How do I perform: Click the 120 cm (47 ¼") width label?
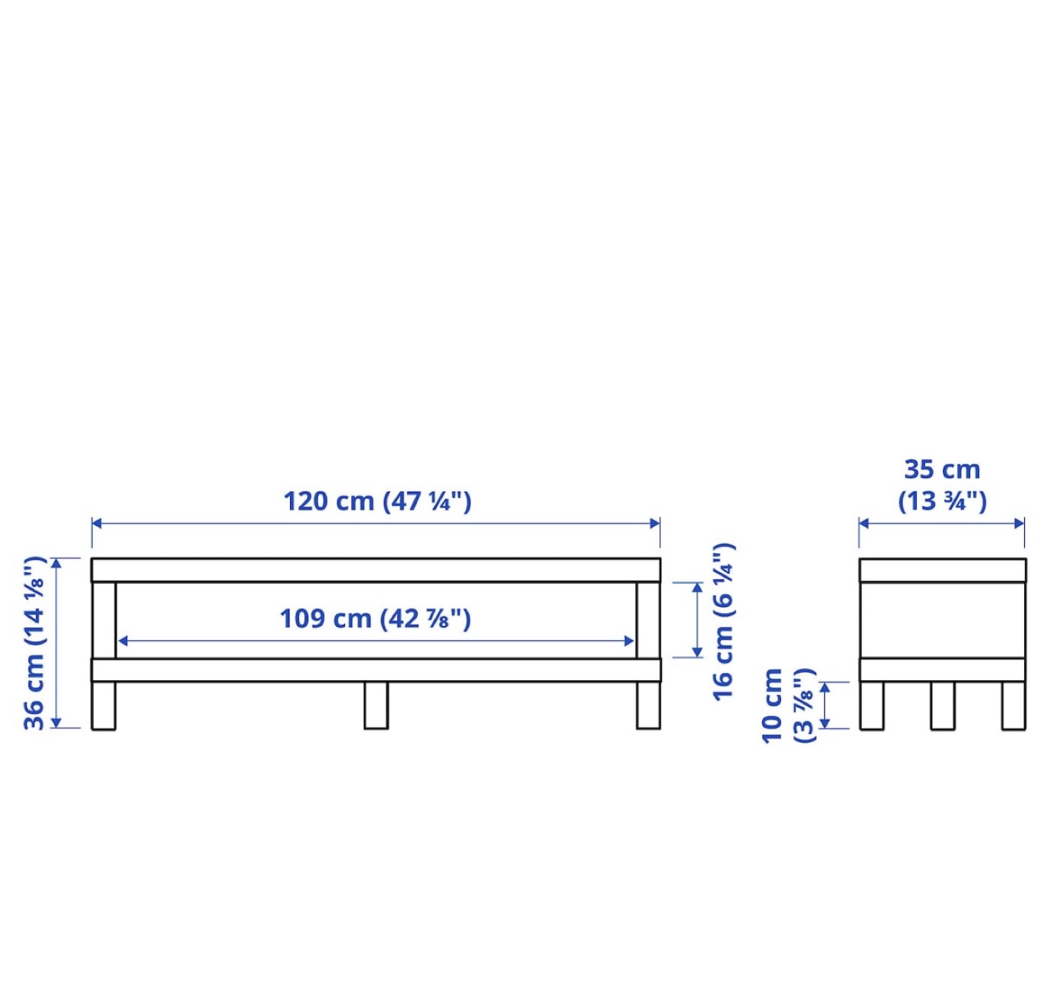pos(377,502)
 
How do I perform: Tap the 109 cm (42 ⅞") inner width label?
pos(375,619)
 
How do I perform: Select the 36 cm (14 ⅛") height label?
pos(34,643)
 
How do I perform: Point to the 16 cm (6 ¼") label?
pos(723,622)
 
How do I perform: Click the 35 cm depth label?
pos(942,486)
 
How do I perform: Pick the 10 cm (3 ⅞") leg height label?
pos(788,706)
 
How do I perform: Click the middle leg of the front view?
pos(376,705)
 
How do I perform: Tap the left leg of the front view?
pos(104,705)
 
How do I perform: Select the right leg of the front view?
pos(648,705)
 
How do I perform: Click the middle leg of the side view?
pos(942,706)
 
